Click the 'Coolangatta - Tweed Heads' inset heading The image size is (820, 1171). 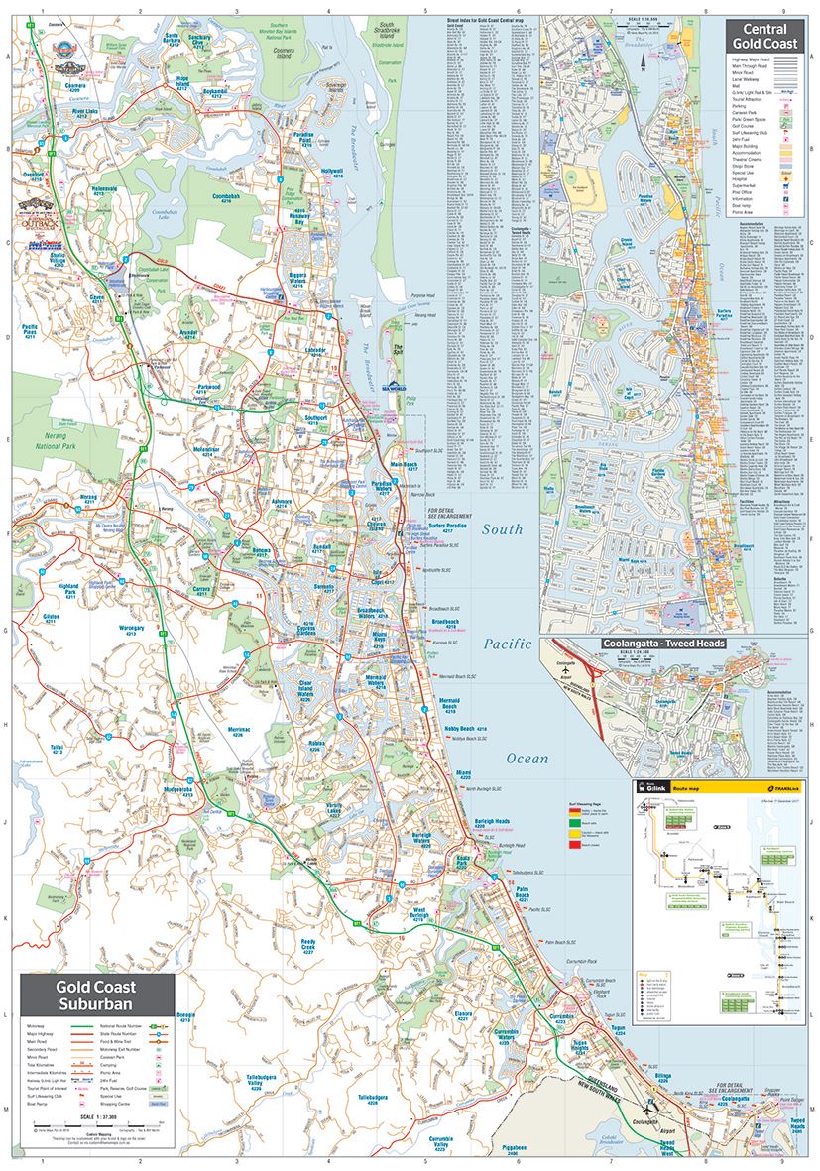point(663,643)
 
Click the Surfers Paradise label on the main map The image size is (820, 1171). point(443,527)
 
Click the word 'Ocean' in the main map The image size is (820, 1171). point(527,759)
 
